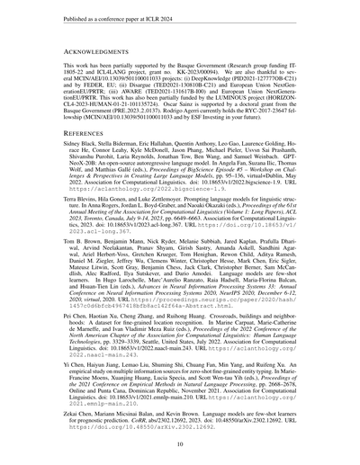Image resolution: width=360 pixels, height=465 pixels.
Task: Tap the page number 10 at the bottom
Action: point(180,443)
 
